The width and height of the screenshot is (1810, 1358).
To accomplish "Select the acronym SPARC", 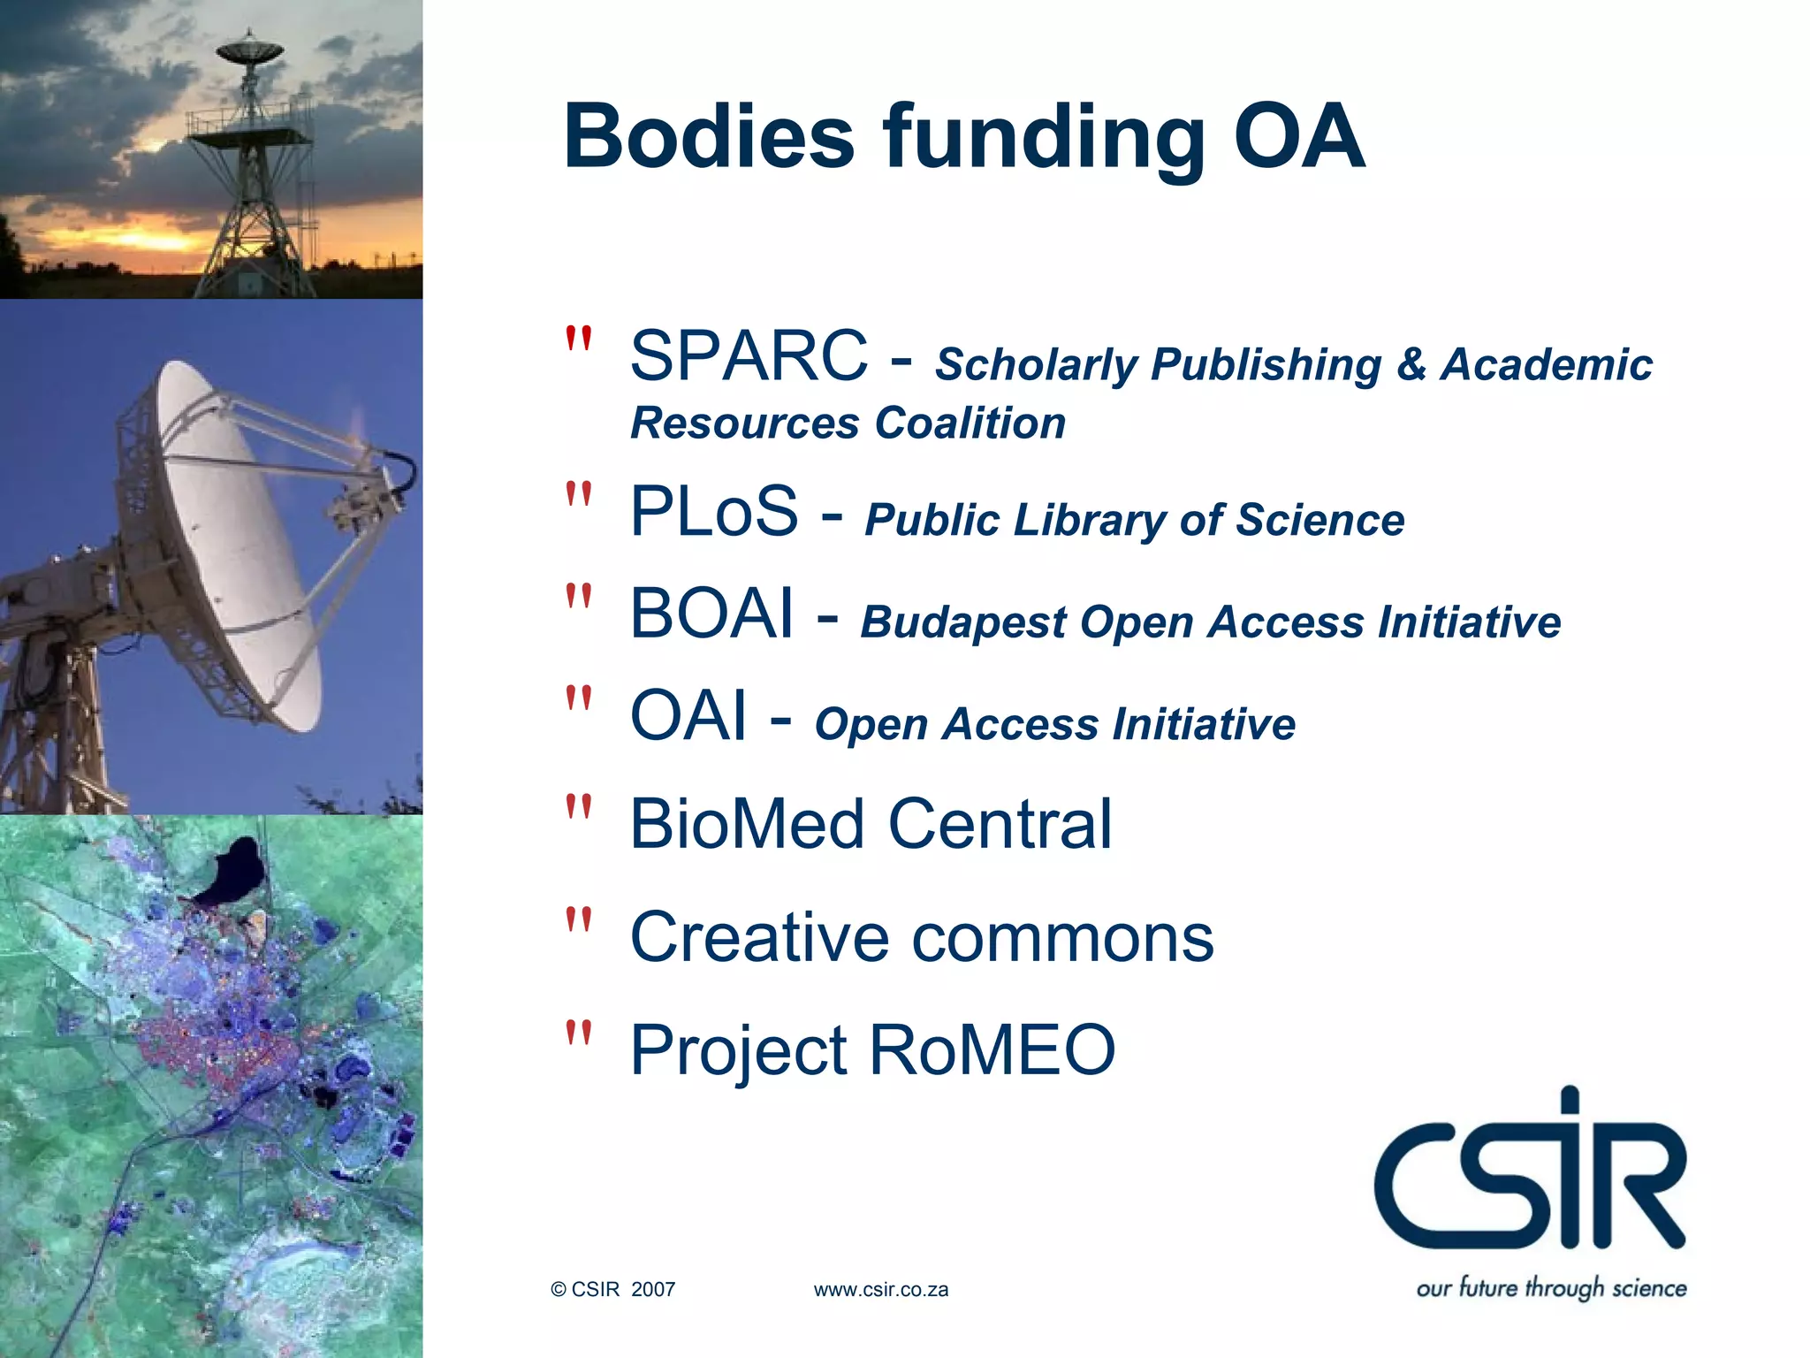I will coord(749,355).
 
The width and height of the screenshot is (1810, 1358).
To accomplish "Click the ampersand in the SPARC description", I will coord(1411,364).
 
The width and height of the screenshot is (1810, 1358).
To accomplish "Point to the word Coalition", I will coord(970,423).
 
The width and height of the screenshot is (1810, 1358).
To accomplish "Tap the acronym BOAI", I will coord(711,614).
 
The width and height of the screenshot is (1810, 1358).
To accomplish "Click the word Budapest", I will coord(963,622).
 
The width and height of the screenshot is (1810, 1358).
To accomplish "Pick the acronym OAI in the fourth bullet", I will coord(688,716).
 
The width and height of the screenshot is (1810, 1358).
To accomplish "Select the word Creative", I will coord(759,937).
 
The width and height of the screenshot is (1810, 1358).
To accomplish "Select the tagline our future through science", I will coord(1551,1287).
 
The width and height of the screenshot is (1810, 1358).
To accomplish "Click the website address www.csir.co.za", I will coord(880,1290).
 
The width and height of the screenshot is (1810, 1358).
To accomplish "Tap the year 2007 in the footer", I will coord(653,1290).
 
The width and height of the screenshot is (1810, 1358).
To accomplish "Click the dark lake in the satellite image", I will coord(232,871).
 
